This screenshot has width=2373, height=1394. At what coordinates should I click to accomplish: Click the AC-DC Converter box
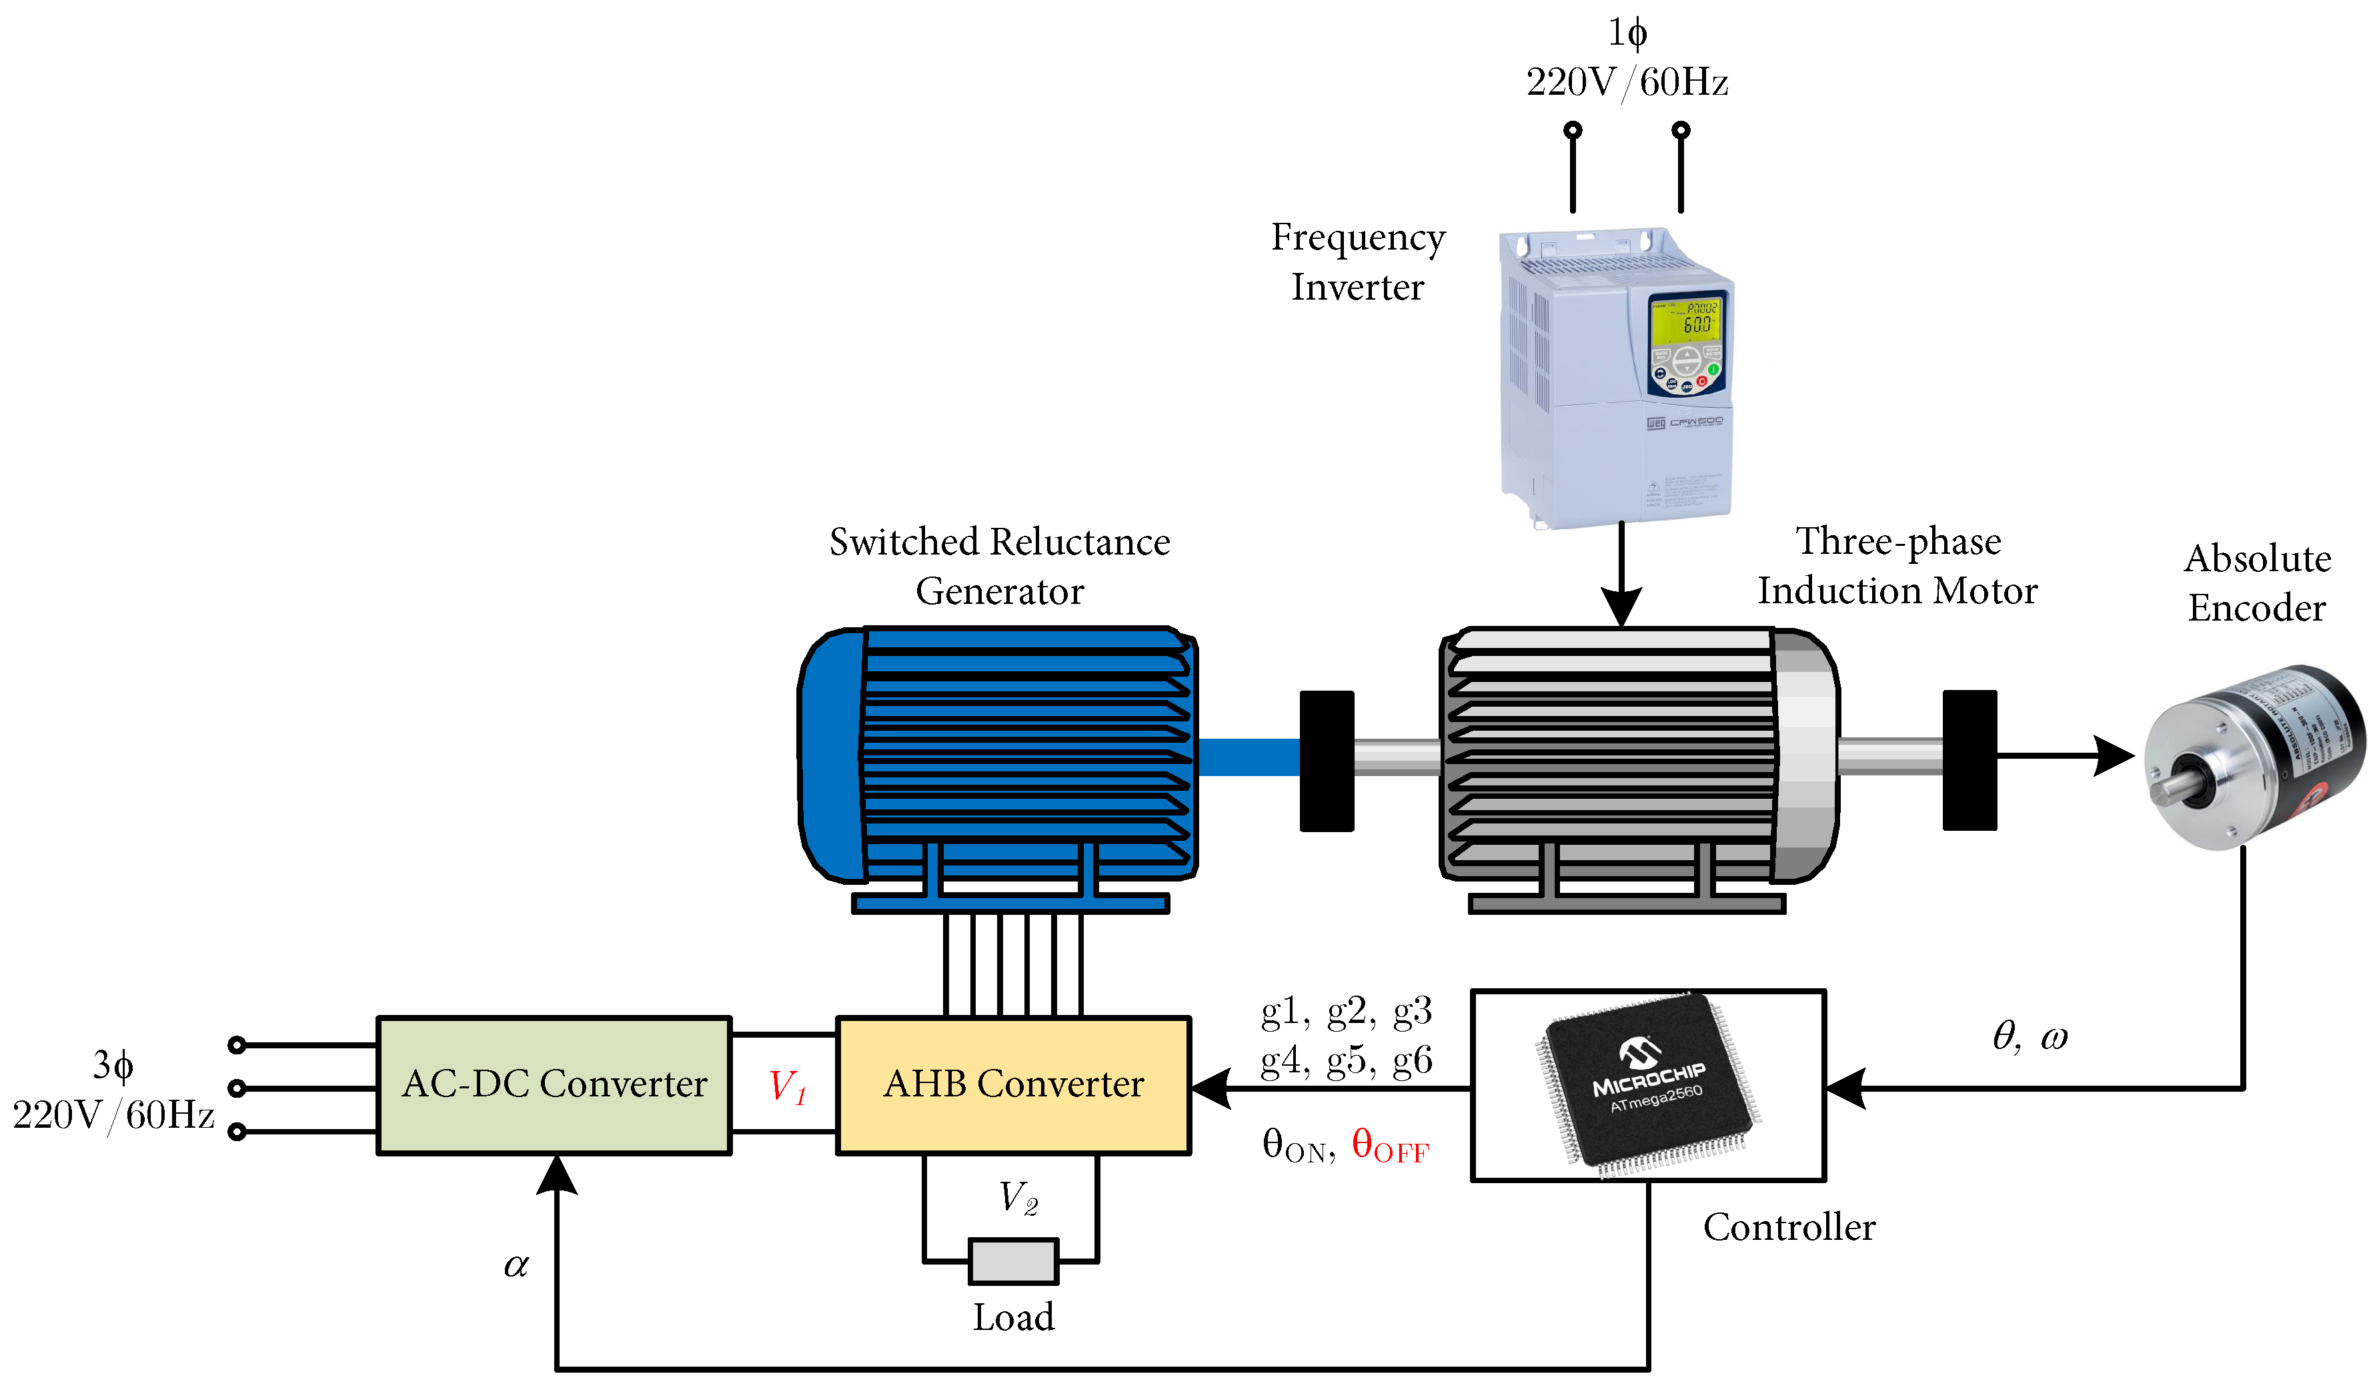coord(554,1085)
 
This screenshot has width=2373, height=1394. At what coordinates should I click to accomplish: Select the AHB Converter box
coord(1013,1085)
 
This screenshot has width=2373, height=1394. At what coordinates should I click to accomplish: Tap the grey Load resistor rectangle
coord(1013,1261)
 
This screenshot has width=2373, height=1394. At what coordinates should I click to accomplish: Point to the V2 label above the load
coord(1018,1197)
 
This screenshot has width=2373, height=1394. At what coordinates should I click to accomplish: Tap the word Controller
coord(1789,1227)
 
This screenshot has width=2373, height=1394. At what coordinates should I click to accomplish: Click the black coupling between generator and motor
coord(1327,761)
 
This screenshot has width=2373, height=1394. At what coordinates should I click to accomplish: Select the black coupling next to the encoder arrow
coord(1969,760)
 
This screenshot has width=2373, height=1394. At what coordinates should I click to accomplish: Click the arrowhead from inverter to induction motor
coord(1621,607)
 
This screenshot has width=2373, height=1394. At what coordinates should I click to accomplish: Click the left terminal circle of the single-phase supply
coord(1573,130)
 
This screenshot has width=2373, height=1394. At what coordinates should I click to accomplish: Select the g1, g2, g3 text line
coord(1346,1012)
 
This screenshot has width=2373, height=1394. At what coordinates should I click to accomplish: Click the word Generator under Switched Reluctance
coord(999,591)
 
